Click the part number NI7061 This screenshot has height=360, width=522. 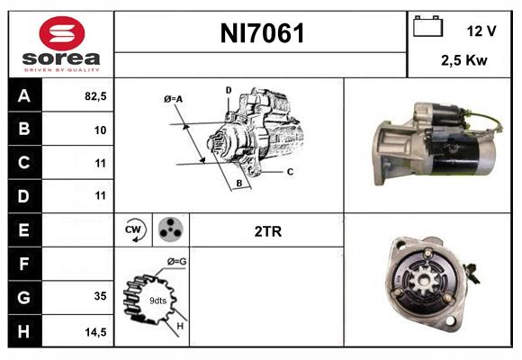[262, 34]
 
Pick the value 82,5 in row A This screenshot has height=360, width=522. [94, 96]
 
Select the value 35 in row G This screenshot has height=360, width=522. [99, 295]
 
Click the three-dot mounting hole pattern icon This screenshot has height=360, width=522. [170, 230]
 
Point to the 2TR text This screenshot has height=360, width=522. [268, 231]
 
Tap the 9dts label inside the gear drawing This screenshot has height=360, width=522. [157, 301]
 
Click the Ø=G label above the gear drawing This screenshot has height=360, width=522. [177, 262]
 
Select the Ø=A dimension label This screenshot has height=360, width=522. [174, 99]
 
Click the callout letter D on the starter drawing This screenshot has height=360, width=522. [229, 90]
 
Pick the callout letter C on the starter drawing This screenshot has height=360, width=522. [290, 171]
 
